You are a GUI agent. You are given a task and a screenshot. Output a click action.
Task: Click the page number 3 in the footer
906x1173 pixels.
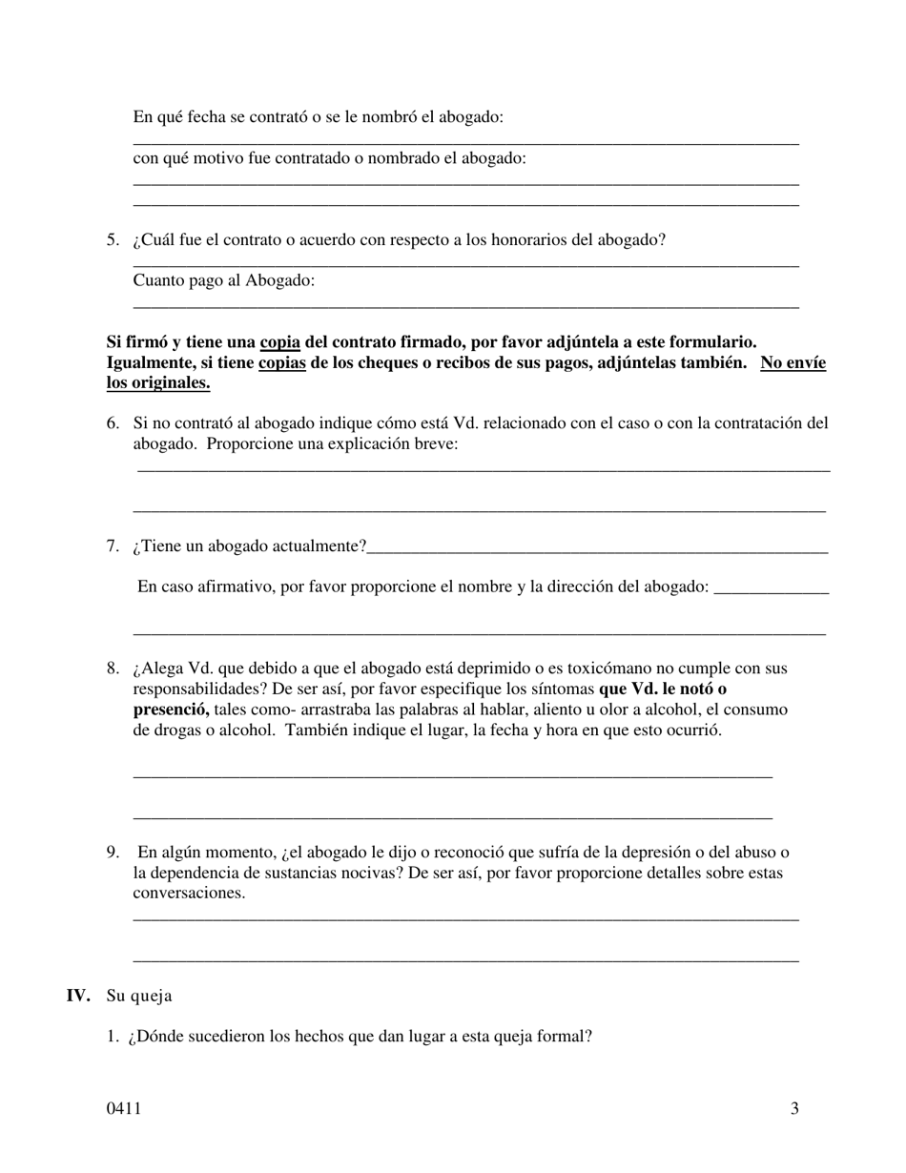click(x=794, y=1108)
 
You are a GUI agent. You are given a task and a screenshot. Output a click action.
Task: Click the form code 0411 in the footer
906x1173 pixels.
click(x=124, y=1108)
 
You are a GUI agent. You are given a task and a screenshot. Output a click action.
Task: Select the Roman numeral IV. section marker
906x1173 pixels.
click(x=78, y=996)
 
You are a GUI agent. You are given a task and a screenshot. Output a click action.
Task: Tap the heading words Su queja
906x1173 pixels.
click(x=139, y=996)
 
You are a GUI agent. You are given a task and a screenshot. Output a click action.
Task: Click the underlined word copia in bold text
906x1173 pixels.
click(x=279, y=342)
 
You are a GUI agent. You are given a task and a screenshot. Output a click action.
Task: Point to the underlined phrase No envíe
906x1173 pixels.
click(x=793, y=363)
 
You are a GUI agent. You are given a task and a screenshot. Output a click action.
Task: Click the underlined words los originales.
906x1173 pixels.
click(x=158, y=383)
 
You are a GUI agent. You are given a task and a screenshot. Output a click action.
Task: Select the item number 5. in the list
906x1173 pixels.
click(x=113, y=240)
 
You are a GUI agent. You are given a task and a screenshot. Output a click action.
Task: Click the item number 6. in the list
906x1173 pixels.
click(x=113, y=423)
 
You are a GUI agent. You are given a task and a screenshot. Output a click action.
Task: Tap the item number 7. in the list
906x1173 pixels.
click(x=113, y=546)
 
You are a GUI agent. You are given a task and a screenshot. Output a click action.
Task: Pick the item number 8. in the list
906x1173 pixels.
click(x=113, y=669)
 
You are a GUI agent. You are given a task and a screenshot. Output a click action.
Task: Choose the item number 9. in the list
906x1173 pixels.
click(x=113, y=853)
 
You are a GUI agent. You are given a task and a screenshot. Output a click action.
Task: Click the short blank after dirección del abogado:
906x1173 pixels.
click(x=771, y=591)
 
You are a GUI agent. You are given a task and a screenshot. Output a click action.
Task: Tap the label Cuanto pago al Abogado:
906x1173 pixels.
click(x=224, y=280)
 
